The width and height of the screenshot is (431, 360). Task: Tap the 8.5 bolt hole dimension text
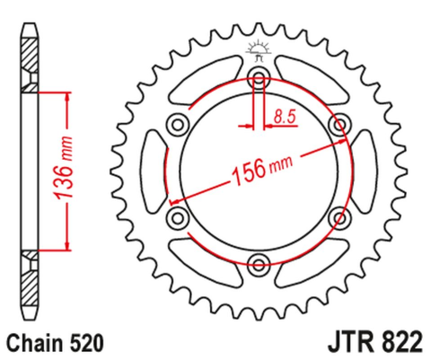[285, 116]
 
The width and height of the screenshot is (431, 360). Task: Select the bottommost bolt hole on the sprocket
[259, 264]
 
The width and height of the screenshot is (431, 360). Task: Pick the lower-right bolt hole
[340, 216]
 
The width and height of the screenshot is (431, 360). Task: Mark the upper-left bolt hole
[177, 122]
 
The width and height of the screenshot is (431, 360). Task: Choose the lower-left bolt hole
[177, 216]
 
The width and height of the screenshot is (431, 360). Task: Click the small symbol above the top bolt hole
[259, 49]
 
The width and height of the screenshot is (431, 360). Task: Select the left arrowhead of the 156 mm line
[174, 198]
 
